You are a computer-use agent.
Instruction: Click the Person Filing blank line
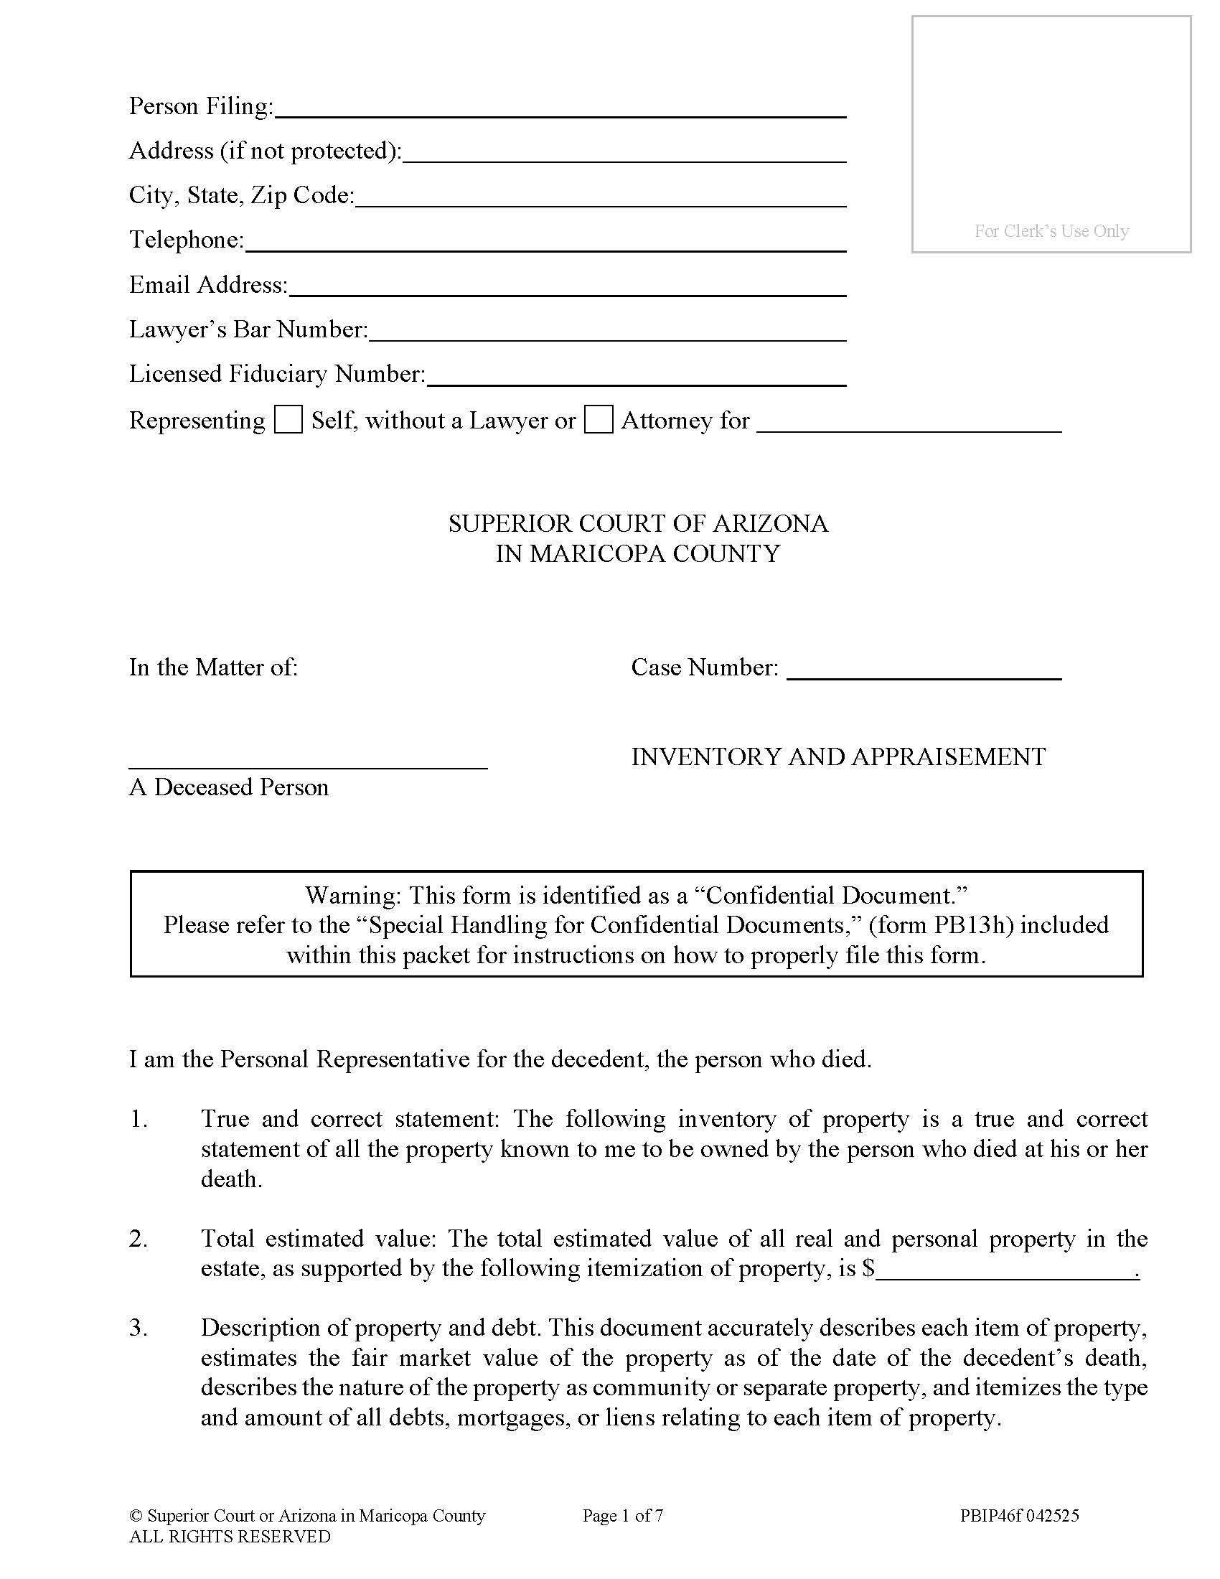click(560, 108)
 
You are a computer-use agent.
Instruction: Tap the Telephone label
click(187, 239)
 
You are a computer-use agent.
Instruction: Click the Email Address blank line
click(568, 287)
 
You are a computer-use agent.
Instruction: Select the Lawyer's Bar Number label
click(248, 329)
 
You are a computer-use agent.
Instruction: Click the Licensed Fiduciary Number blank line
click(636, 377)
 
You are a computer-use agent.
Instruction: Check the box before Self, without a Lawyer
click(288, 420)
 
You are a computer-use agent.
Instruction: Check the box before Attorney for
click(599, 420)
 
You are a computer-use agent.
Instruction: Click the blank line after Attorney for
click(909, 423)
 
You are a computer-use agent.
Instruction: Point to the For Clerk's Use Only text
click(1051, 231)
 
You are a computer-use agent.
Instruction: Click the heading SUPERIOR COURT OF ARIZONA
click(637, 523)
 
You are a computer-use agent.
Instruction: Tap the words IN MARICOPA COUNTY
click(637, 554)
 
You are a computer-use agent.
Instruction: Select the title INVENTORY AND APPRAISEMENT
click(838, 757)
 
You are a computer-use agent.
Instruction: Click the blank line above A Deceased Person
click(308, 760)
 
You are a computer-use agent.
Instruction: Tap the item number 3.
click(138, 1328)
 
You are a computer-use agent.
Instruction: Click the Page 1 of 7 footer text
click(623, 1516)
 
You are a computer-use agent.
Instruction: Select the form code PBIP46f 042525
click(1019, 1516)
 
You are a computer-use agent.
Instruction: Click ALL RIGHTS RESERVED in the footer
click(230, 1537)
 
